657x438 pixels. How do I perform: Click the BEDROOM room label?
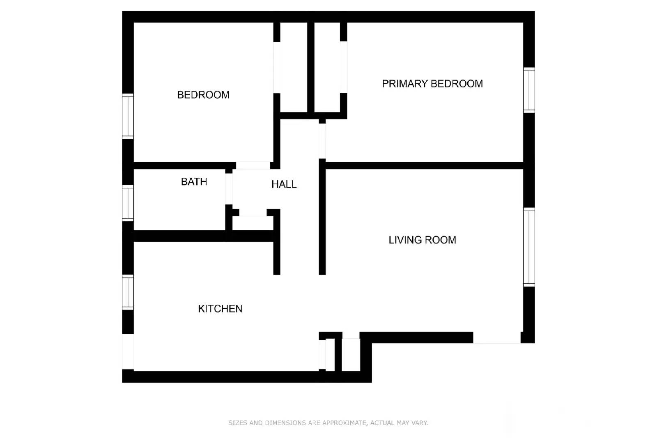pyautogui.click(x=203, y=95)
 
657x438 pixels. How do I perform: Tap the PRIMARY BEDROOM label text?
pyautogui.click(x=432, y=84)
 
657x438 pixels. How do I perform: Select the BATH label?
pyautogui.click(x=194, y=181)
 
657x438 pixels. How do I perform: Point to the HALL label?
pyautogui.click(x=284, y=184)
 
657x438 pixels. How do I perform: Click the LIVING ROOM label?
pyautogui.click(x=422, y=240)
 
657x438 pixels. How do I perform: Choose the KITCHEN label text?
pyautogui.click(x=220, y=309)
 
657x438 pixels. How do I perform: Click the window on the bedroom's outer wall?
pyautogui.click(x=128, y=116)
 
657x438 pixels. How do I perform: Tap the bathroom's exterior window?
pyautogui.click(x=128, y=203)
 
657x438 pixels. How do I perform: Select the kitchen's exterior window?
pyautogui.click(x=128, y=292)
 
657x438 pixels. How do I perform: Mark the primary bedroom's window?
pyautogui.click(x=529, y=90)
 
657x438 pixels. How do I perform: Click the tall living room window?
pyautogui.click(x=529, y=247)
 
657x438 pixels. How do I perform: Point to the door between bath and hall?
pyautogui.click(x=229, y=189)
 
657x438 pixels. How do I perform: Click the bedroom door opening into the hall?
pyautogui.click(x=253, y=165)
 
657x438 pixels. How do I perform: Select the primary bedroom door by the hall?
pyautogui.click(x=322, y=141)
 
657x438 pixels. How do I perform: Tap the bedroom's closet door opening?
pyautogui.click(x=277, y=67)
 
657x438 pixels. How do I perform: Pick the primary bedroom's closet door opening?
pyautogui.click(x=344, y=67)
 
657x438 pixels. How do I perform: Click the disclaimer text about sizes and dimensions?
pyautogui.click(x=328, y=422)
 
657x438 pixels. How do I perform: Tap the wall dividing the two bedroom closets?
pyautogui.click(x=311, y=67)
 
